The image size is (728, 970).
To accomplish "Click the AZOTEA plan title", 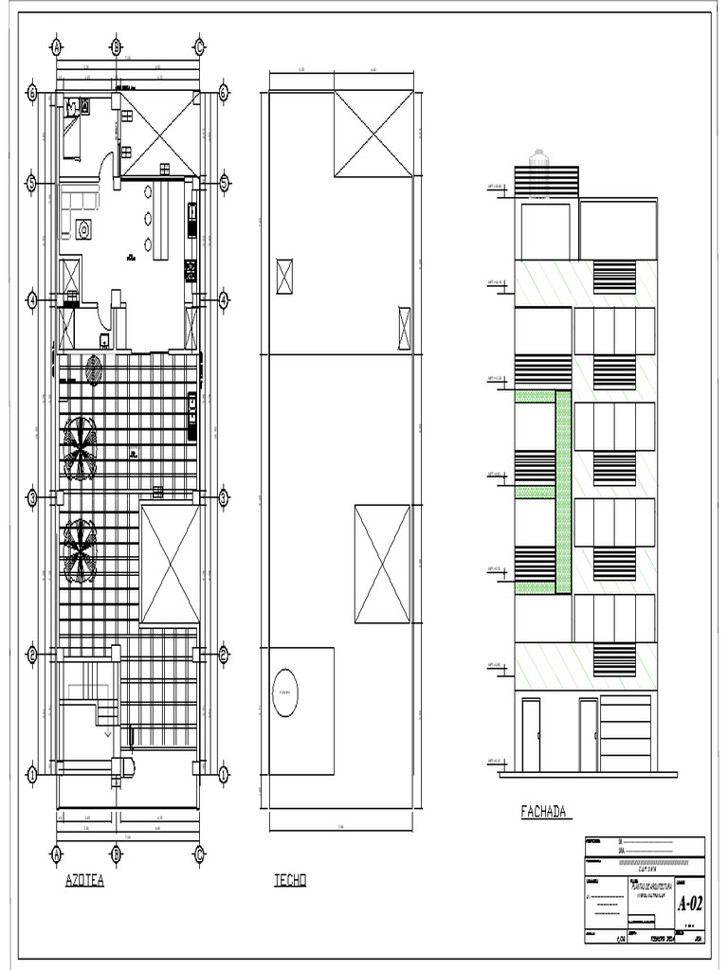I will click(84, 881).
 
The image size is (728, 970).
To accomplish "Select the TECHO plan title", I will click(290, 881).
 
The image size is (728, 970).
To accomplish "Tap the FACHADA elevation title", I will click(544, 811).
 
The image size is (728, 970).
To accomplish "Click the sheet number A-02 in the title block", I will click(690, 904).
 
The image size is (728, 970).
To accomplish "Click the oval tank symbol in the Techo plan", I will click(283, 693).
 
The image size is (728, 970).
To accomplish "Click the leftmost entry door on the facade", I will click(531, 735).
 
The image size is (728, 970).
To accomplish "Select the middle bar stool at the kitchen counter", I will click(149, 219).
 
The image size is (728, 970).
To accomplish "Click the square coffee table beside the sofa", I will click(83, 228).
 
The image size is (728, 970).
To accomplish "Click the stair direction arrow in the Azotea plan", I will click(107, 732).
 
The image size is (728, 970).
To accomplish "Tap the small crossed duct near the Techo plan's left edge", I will click(284, 277).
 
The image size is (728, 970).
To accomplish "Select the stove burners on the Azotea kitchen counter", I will click(190, 270).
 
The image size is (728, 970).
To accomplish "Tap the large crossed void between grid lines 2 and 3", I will click(170, 564).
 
